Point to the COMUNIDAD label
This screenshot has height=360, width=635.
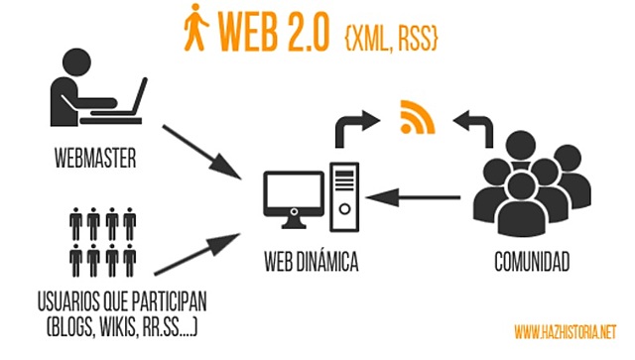pyautogui.click(x=532, y=263)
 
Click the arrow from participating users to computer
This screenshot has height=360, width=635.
pyautogui.click(x=198, y=253)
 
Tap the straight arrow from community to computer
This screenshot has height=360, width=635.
pyautogui.click(x=418, y=198)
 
